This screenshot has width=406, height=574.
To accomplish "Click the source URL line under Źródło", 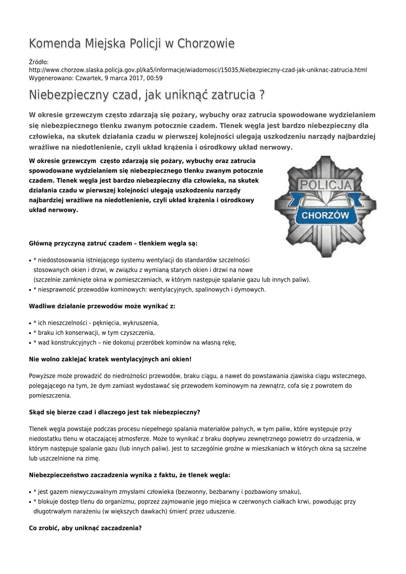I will tap(198, 70).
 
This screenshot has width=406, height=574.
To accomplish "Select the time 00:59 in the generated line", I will tap(155, 78).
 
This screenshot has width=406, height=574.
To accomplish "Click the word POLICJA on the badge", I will tap(325, 186).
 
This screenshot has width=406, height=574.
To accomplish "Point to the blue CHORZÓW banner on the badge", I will tap(325, 215).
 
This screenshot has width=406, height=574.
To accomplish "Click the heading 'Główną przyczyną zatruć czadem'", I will tap(113, 243).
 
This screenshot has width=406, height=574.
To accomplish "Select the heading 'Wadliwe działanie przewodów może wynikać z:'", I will tap(102, 306).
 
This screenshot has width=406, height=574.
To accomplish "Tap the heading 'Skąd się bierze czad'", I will tap(114, 412).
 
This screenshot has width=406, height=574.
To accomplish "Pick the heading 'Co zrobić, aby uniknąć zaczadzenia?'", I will tap(85, 527).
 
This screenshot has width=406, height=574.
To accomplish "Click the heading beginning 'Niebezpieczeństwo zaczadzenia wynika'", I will tap(129, 474).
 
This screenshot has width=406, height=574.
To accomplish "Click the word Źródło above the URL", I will tap(39, 61).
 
